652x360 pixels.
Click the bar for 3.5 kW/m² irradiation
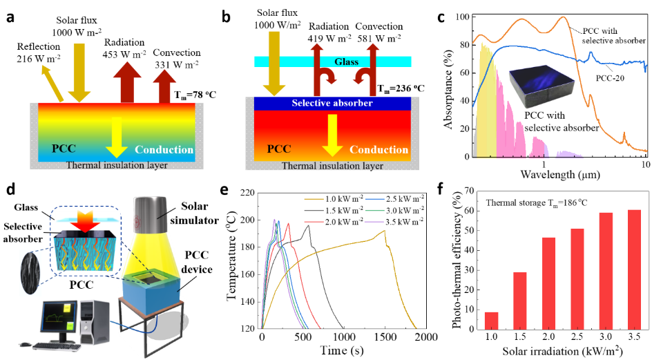pos(635,269)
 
